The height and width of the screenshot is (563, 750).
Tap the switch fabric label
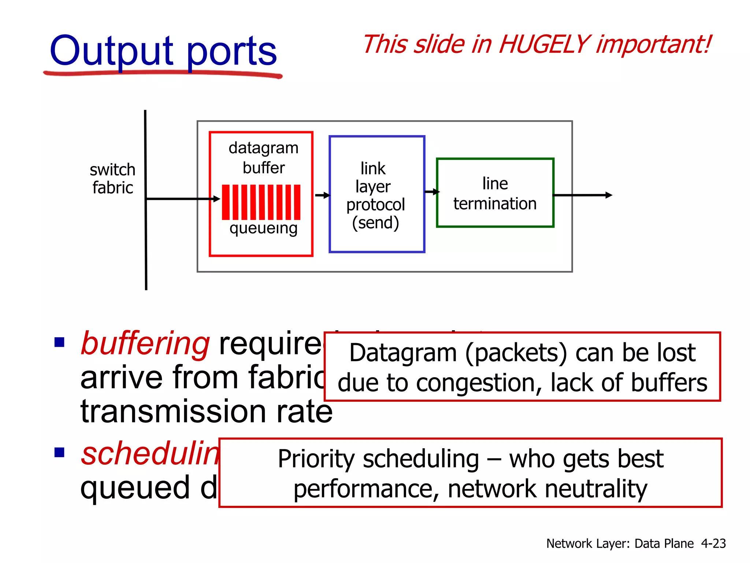(112, 179)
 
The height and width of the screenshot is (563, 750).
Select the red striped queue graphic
(261, 202)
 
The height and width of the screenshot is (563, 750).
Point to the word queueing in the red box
(263, 228)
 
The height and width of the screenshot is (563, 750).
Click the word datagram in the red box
(263, 148)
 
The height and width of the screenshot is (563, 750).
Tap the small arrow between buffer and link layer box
(322, 195)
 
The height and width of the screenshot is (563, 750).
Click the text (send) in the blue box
(375, 222)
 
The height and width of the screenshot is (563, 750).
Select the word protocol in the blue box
(375, 205)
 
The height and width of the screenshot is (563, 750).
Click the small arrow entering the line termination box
(432, 192)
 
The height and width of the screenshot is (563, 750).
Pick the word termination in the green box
(495, 203)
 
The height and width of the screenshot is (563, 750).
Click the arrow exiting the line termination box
(582, 195)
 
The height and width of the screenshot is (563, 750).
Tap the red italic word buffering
(145, 344)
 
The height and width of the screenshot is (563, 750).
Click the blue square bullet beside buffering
(59, 342)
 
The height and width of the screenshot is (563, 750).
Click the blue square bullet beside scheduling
(59, 453)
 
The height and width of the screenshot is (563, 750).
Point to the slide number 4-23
(713, 543)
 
